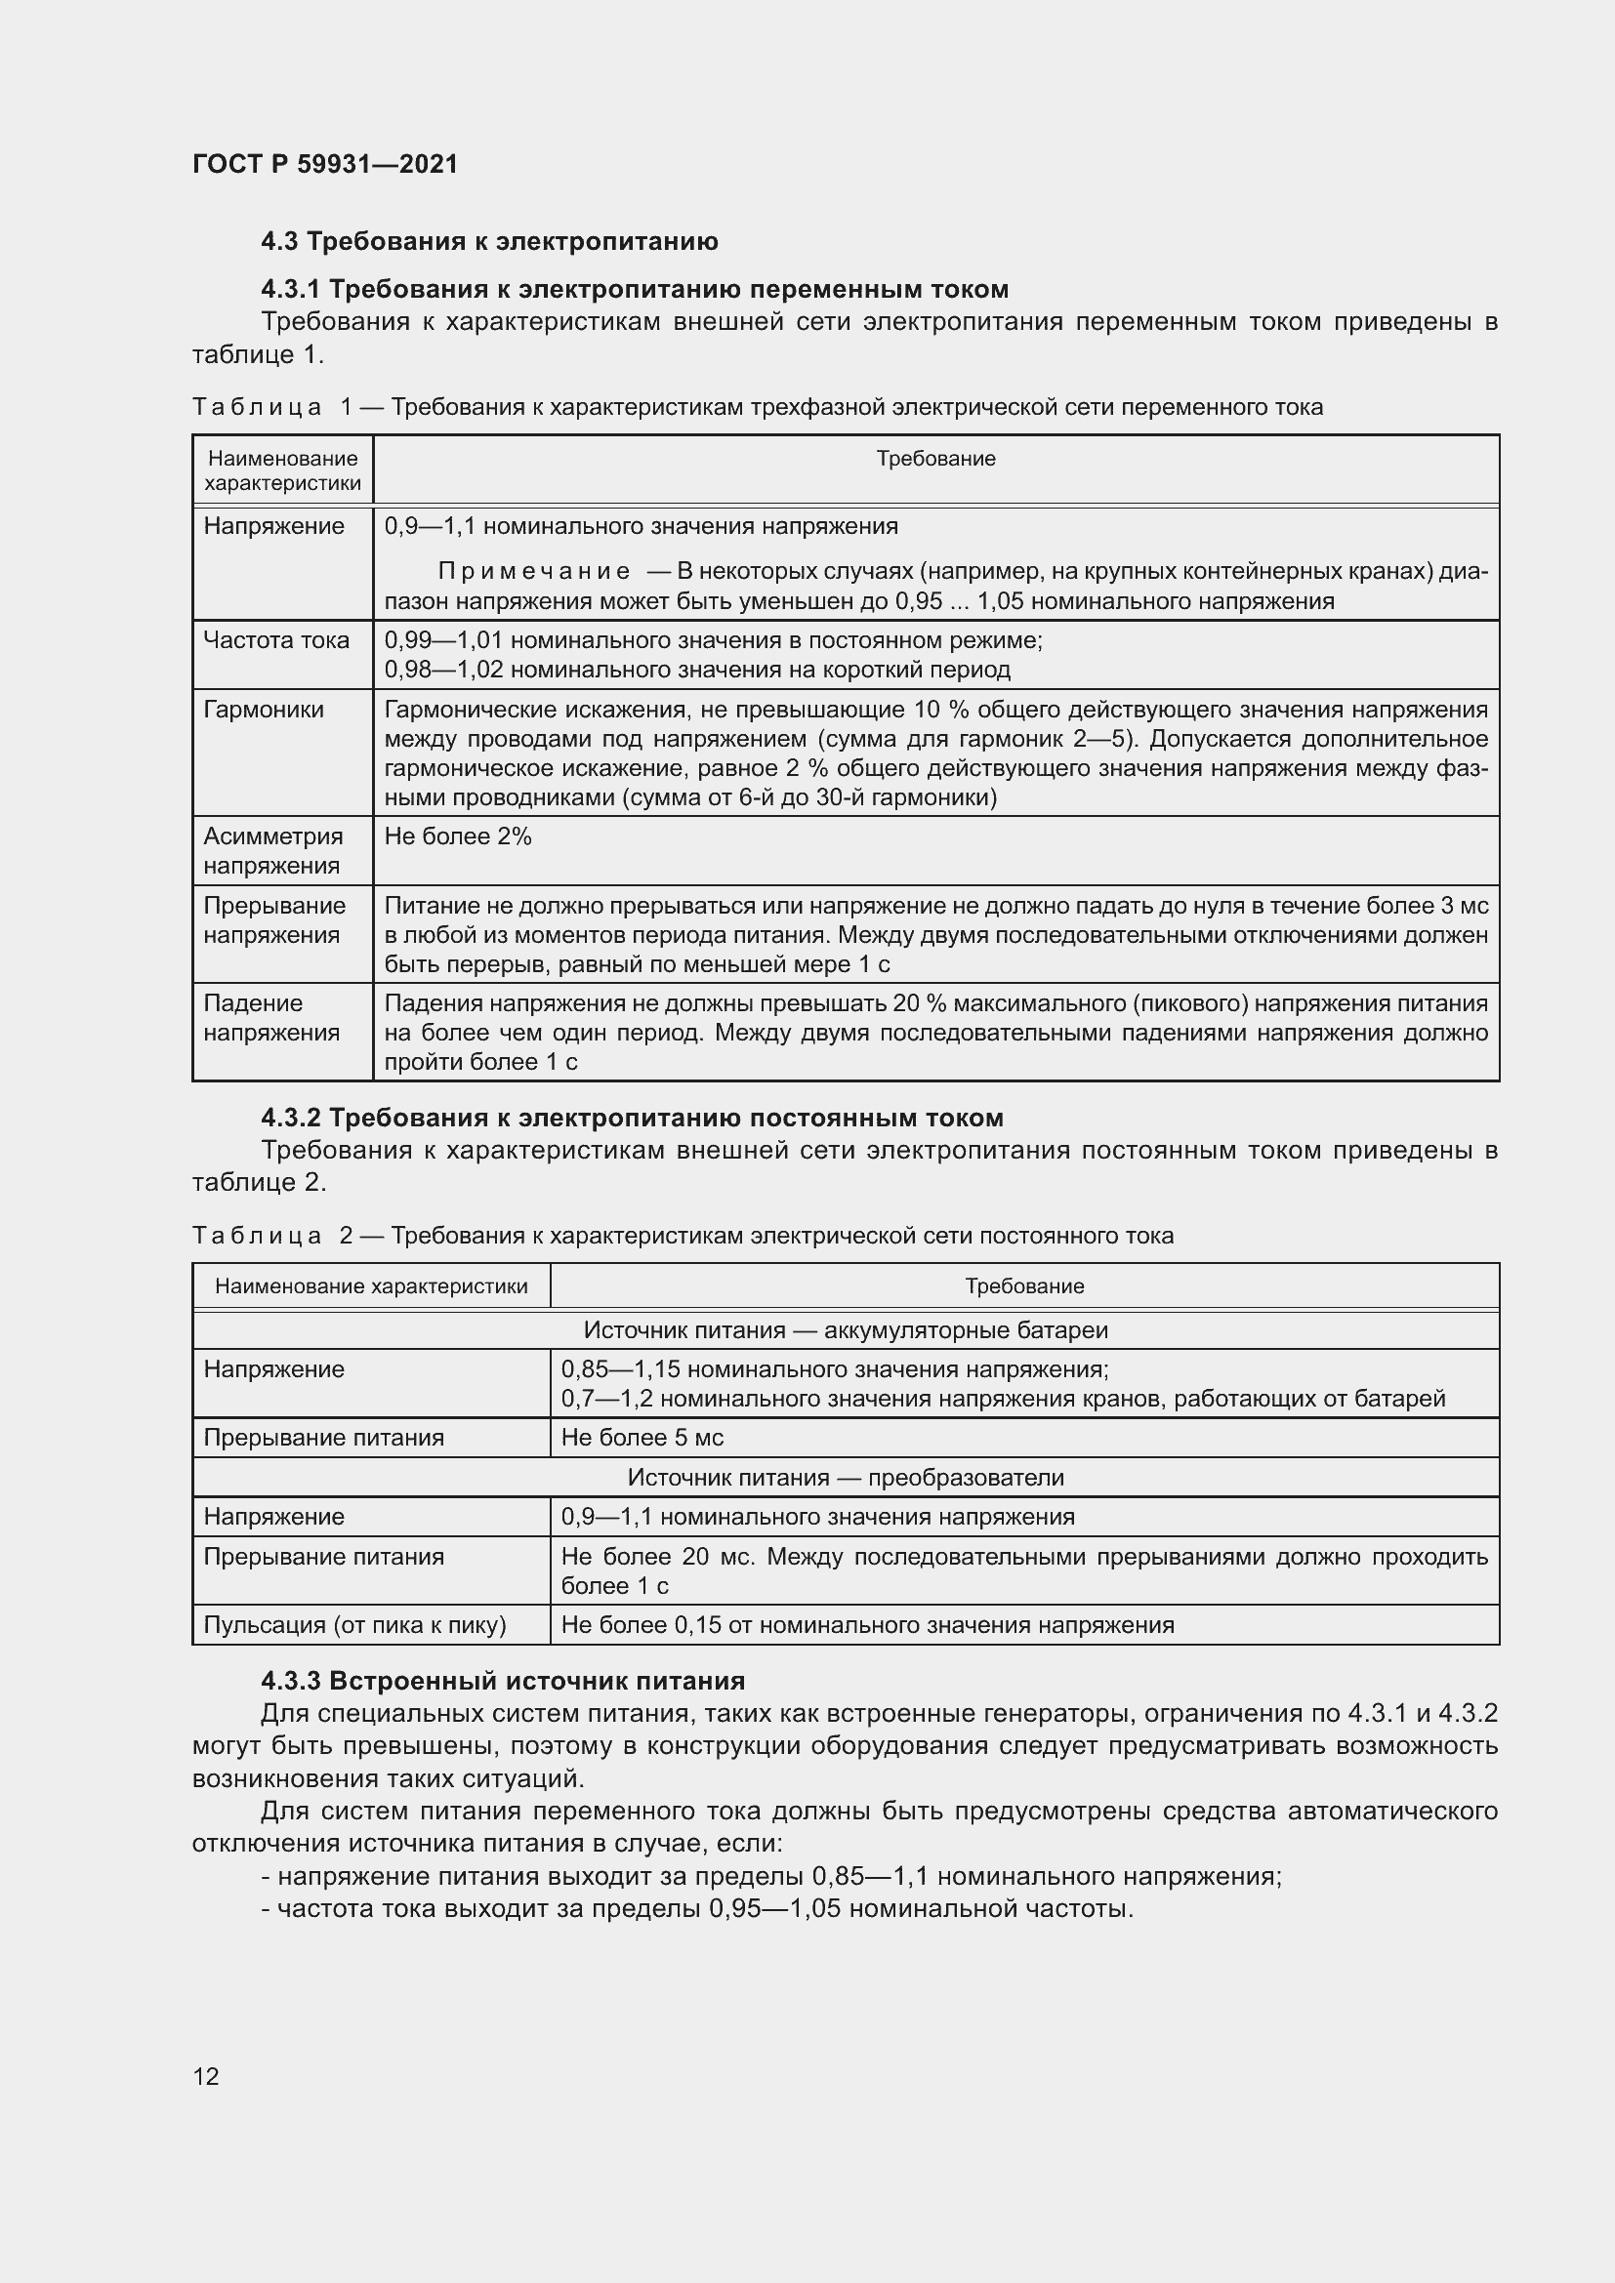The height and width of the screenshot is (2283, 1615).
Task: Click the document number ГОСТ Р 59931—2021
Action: click(x=325, y=164)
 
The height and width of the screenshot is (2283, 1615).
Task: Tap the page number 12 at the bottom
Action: click(x=206, y=2076)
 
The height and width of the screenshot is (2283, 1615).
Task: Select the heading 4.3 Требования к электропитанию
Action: click(x=489, y=242)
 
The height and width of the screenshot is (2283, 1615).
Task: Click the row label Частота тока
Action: click(x=275, y=640)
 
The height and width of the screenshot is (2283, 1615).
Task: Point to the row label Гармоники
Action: click(x=264, y=710)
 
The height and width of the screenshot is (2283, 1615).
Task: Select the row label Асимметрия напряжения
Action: click(x=272, y=851)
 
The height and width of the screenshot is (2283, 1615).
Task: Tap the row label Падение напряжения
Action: click(x=270, y=1018)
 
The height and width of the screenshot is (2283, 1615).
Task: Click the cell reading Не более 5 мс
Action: click(x=642, y=1438)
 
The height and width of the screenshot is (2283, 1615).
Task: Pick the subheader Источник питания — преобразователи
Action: click(x=846, y=1478)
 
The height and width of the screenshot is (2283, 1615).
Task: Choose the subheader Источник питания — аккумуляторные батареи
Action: click(x=846, y=1330)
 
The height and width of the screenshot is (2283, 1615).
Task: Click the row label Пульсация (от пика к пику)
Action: click(x=355, y=1625)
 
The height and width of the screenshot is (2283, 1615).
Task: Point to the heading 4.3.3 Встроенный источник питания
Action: click(x=502, y=1682)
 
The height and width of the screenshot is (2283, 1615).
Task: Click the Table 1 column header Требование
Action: click(x=934, y=460)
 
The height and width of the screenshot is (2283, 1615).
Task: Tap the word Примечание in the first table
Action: click(x=534, y=572)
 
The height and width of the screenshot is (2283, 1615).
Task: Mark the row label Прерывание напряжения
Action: click(x=274, y=920)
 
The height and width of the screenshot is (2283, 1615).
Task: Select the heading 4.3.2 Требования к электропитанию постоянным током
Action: click(x=632, y=1119)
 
